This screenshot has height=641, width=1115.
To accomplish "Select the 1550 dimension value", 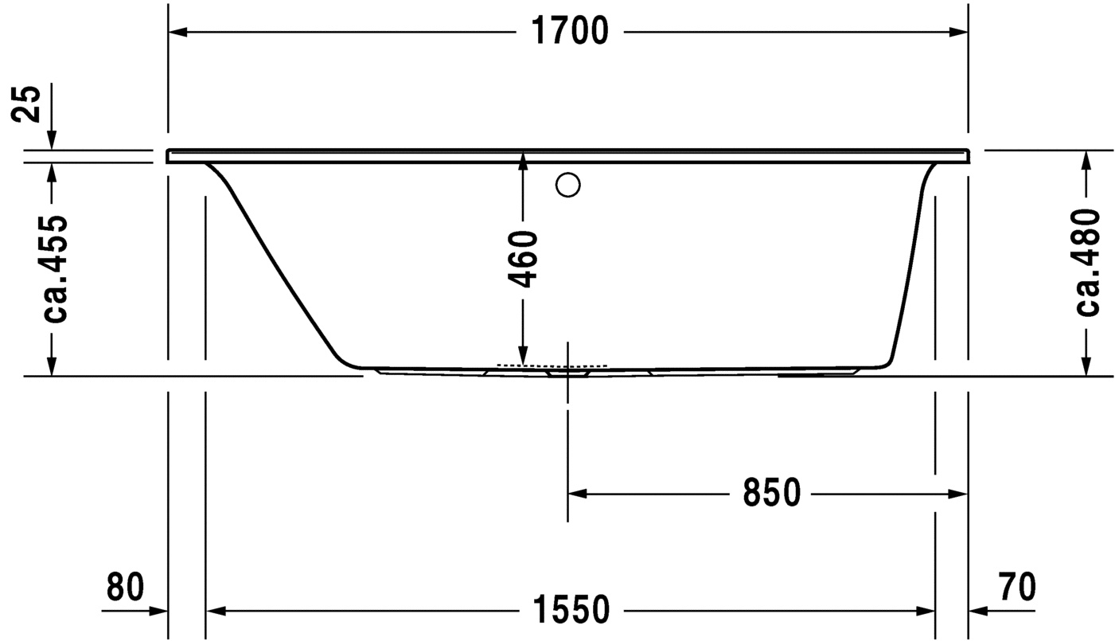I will point(570,611).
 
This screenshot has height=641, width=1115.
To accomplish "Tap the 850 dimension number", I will point(771,494).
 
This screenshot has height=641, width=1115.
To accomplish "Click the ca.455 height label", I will point(54,268).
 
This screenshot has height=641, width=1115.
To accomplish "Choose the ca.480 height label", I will point(1087,263).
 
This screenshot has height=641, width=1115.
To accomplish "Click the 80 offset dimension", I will point(125,588).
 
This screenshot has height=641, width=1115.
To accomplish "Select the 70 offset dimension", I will point(1016,588).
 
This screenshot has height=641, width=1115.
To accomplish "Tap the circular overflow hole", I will point(568,185).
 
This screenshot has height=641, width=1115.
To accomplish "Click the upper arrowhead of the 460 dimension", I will point(523,162).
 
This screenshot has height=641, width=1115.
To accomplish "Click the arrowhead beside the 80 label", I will point(158,611).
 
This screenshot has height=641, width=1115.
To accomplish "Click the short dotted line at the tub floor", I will point(551,365).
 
